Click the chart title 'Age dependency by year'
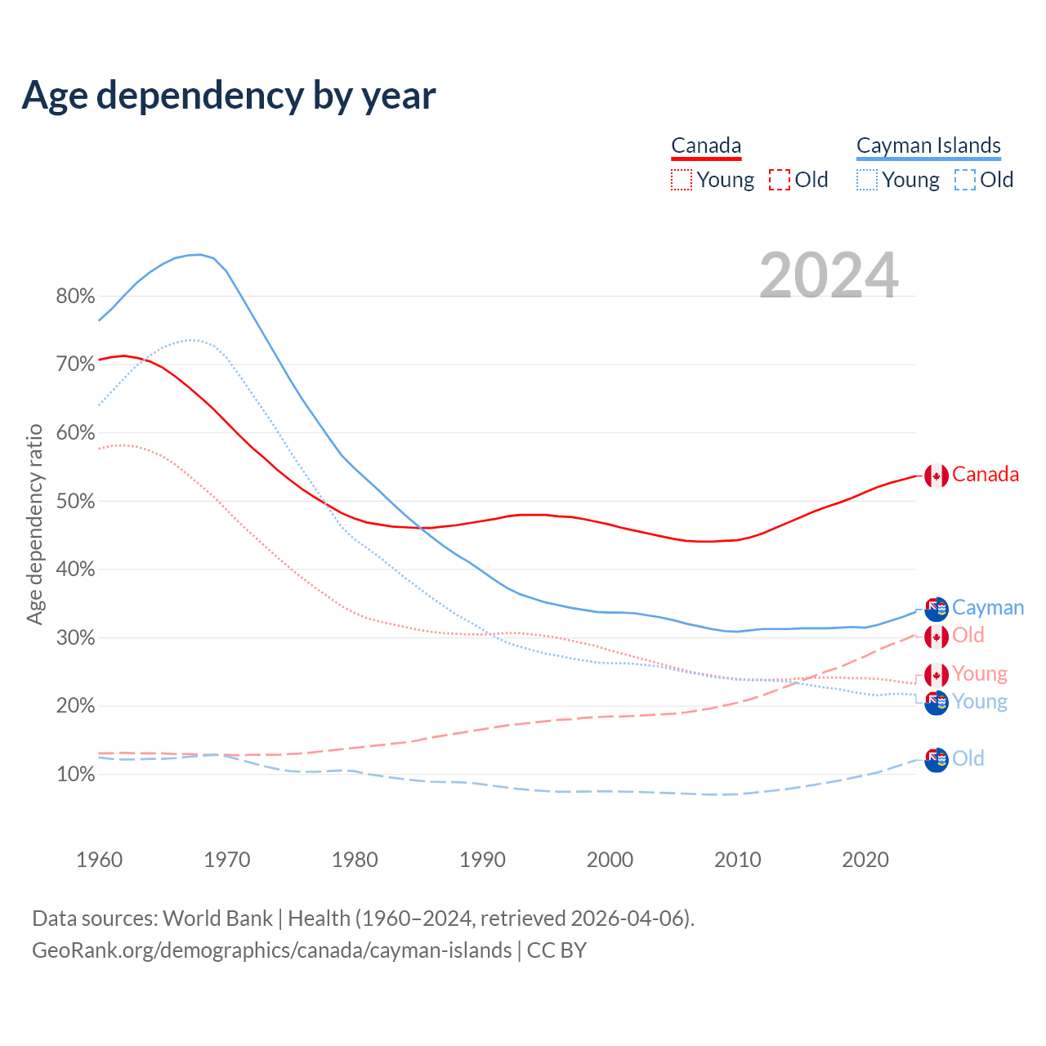(x=229, y=95)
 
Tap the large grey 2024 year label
(x=829, y=275)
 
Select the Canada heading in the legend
(x=706, y=145)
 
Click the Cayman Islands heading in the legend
(x=928, y=145)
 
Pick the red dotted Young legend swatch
(x=682, y=180)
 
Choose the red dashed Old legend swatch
(x=780, y=180)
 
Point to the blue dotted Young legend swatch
(x=867, y=180)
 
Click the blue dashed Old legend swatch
(x=965, y=180)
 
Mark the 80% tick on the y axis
(x=75, y=296)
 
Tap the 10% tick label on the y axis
(x=75, y=774)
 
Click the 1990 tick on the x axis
(x=483, y=859)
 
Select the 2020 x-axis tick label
(x=865, y=859)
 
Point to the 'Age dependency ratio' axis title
(x=34, y=524)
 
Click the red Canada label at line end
(x=986, y=475)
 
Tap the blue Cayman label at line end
(x=988, y=608)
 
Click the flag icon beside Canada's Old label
(x=936, y=637)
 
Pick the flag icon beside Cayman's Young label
(x=936, y=703)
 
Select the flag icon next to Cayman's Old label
(x=936, y=760)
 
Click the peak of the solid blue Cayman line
(x=199, y=254)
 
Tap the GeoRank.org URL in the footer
(x=271, y=950)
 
